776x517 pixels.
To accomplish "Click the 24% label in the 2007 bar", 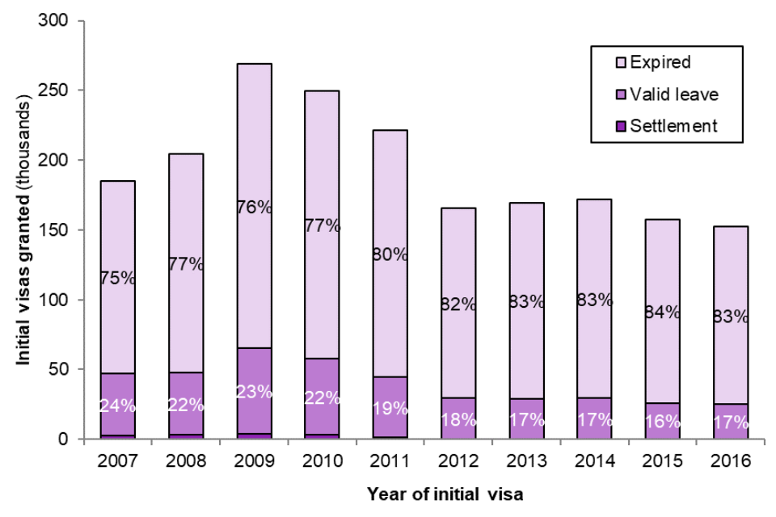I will pos(117,405).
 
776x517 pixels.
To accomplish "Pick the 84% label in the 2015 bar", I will pos(656,312).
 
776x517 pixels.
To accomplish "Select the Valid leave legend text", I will pos(674,95).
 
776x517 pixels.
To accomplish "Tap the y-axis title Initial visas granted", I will pos(25,229).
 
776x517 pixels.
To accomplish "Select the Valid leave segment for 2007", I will pos(117,388).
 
